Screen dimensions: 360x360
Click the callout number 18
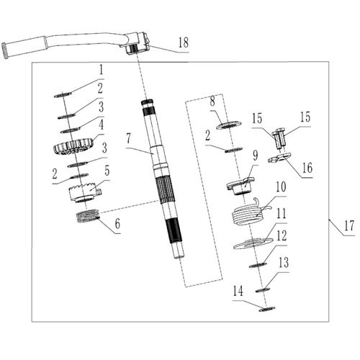click(184, 42)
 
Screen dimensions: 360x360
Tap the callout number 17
click(349, 226)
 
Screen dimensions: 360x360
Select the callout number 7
click(129, 138)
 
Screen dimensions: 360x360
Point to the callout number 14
click(238, 291)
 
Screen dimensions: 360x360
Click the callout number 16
click(307, 168)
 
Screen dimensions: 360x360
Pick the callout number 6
click(117, 224)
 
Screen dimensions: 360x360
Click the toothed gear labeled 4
click(73, 146)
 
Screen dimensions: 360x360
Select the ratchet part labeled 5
click(85, 193)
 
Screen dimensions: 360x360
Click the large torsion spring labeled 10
click(250, 214)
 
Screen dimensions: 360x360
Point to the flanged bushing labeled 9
click(240, 186)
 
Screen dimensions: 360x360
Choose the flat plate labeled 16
click(279, 158)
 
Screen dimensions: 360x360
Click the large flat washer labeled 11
click(253, 243)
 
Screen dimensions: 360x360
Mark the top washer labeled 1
click(63, 95)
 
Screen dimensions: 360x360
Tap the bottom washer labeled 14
click(267, 309)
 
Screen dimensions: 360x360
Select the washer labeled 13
click(263, 289)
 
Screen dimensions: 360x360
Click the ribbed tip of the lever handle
click(4, 50)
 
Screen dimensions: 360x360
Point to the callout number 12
click(282, 235)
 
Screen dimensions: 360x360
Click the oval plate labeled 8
click(228, 125)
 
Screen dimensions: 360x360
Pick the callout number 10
click(281, 187)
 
